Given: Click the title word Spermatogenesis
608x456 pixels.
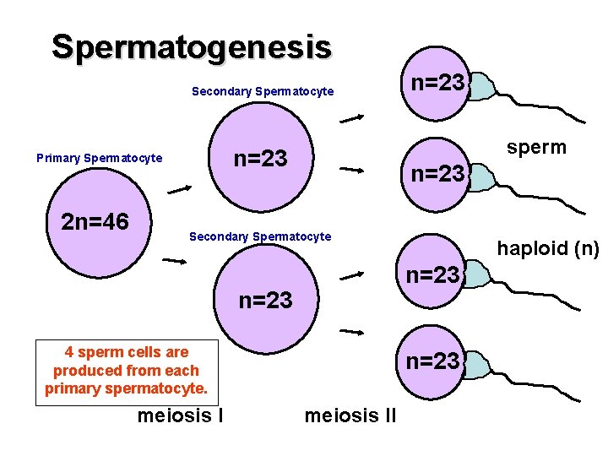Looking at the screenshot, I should pos(191,46).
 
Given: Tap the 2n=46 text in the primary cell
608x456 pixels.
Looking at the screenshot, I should pos(95,222).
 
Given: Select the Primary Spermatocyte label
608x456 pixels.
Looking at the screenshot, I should pos(99,158).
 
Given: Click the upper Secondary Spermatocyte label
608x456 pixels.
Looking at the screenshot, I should pos(263,91).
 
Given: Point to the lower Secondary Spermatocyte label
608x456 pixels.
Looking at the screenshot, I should pos(260,236).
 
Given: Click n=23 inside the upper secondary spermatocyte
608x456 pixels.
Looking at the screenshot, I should pos(260,158).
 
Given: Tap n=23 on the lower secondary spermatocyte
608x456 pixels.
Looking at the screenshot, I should pos(266,300).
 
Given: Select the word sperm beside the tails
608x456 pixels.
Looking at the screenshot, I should pos(536,147).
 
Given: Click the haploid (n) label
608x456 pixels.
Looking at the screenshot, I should pos(548,248).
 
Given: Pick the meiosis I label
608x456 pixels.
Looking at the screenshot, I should pos(180,415).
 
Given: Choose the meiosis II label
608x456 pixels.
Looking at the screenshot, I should pos(350,415).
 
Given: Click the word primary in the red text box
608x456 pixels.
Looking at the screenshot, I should pos(72,388).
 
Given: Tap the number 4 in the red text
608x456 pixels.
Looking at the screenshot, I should pos(69,352).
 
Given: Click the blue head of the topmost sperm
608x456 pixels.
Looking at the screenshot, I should pos(480,85).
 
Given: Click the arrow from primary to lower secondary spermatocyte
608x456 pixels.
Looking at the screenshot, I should pos(175,262).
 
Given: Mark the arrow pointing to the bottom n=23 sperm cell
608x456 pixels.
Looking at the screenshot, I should pos(352,333).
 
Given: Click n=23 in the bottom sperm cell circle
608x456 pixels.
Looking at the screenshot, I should pos(432,361).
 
